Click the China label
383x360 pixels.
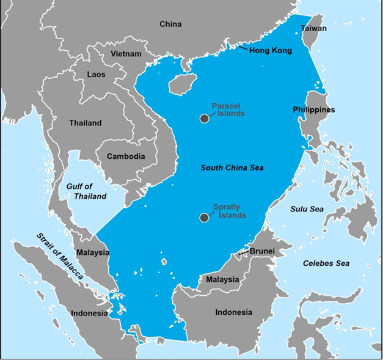170,24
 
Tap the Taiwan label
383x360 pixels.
314,28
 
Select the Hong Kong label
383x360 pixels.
270,50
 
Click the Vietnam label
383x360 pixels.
126,54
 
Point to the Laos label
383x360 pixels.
96,75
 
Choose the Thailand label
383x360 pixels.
86,123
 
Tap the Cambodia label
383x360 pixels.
126,156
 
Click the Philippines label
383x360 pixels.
314,110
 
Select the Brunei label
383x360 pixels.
262,251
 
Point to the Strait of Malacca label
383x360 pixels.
59,265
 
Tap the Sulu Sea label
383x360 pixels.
307,209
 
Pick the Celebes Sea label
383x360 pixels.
326,263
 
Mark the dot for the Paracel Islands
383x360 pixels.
205,119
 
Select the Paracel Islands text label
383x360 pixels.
228,110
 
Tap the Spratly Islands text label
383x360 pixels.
230,211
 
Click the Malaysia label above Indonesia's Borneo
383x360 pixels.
222,279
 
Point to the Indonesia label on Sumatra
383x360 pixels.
89,313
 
